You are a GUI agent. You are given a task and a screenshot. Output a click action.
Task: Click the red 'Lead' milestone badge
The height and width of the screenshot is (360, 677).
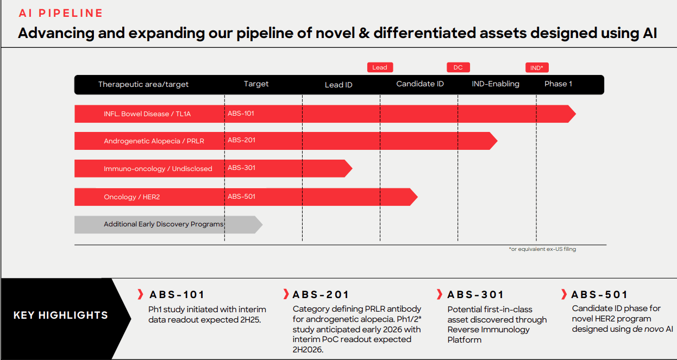(x=380, y=67)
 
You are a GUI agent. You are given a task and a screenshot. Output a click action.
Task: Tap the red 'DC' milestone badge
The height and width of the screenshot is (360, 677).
(x=458, y=67)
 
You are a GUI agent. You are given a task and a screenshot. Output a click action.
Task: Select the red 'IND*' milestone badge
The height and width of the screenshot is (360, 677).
(x=537, y=68)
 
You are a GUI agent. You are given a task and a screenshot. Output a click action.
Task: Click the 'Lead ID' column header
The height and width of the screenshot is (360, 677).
(x=338, y=85)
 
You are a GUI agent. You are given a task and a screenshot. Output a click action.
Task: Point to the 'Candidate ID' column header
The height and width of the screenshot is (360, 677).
(x=420, y=84)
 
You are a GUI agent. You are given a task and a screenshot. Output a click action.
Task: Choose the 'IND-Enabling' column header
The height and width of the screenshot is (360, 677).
(x=496, y=84)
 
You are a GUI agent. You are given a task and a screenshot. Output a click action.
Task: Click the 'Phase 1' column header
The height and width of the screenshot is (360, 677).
(x=559, y=84)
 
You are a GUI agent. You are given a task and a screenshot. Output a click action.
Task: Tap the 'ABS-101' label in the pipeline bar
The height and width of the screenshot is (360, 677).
(x=241, y=113)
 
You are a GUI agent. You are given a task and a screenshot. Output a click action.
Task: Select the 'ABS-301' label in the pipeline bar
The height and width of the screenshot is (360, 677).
(x=241, y=168)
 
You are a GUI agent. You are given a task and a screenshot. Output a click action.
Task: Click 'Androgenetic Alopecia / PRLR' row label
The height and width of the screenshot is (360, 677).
(x=154, y=141)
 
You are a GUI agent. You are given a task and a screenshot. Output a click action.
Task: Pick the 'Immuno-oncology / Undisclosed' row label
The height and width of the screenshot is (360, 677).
(x=158, y=169)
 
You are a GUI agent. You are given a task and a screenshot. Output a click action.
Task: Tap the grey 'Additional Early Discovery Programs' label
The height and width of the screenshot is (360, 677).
(x=164, y=224)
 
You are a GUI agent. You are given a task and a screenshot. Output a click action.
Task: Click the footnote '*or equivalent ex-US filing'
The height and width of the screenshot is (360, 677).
(x=542, y=249)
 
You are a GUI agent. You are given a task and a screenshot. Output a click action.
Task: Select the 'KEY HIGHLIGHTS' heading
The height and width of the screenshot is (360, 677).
(x=60, y=315)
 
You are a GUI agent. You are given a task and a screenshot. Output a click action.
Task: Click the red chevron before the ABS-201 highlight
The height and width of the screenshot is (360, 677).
(x=286, y=295)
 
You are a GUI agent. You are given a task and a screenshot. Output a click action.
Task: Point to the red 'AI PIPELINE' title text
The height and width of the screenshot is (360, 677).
(x=61, y=13)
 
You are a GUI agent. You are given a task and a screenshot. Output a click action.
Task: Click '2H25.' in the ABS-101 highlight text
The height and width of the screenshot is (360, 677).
(x=249, y=320)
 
